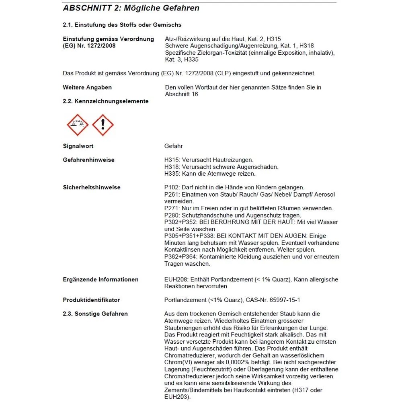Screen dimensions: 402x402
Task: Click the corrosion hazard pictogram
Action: [x=78, y=125]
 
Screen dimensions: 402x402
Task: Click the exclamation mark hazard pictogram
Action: [x=103, y=125]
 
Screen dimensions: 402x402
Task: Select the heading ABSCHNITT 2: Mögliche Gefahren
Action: [x=131, y=8]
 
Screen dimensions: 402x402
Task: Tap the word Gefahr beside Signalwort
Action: [x=174, y=146]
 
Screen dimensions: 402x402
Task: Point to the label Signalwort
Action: [x=78, y=146]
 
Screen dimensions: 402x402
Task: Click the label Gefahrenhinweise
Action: [x=88, y=160]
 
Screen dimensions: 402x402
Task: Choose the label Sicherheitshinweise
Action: [x=92, y=187]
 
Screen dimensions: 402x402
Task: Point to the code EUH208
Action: [x=175, y=279]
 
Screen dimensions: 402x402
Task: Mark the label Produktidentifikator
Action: [x=91, y=300]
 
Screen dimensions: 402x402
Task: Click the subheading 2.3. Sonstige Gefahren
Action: [x=95, y=314]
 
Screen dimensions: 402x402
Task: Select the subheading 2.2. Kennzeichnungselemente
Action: [x=106, y=101]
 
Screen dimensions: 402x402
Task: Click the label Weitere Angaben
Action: [x=87, y=87]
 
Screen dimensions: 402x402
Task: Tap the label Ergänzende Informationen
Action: [x=100, y=279]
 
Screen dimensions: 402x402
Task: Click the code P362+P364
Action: [x=181, y=256]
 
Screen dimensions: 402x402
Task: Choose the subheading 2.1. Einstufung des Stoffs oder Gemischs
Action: [x=122, y=25]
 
